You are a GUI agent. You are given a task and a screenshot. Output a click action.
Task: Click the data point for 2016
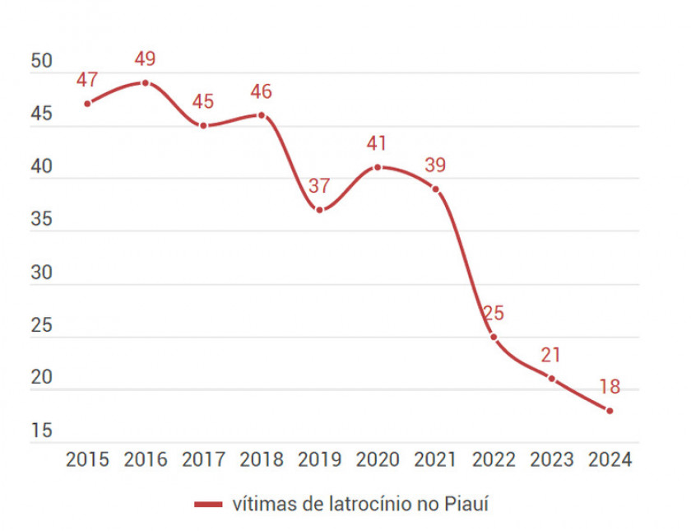click(x=145, y=82)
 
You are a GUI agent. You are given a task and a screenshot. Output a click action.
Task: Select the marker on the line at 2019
click(x=319, y=210)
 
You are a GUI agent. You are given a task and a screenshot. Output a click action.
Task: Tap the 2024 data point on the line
click(x=610, y=410)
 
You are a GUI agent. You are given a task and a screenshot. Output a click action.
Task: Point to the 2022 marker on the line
click(x=494, y=337)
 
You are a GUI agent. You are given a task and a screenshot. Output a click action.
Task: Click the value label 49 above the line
click(x=145, y=59)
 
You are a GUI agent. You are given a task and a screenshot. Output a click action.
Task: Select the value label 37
click(x=319, y=186)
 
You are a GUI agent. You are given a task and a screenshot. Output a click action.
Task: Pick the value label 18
click(x=610, y=387)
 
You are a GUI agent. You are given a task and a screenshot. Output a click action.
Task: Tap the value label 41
click(x=377, y=143)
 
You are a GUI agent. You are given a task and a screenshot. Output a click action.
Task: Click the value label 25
click(x=494, y=314)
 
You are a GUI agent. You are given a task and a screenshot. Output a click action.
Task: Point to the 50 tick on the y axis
click(x=41, y=62)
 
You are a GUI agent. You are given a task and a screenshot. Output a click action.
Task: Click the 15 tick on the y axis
click(x=41, y=431)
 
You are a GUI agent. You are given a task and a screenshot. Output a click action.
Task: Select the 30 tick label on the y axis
click(x=41, y=272)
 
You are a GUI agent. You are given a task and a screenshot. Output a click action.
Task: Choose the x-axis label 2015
click(x=87, y=460)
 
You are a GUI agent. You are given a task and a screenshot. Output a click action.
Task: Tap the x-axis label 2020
click(x=377, y=460)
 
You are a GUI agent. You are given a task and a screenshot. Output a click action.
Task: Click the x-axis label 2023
click(x=551, y=460)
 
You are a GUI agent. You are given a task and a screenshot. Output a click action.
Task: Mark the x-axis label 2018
click(x=261, y=460)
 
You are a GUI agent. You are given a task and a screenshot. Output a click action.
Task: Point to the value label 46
click(x=261, y=92)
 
